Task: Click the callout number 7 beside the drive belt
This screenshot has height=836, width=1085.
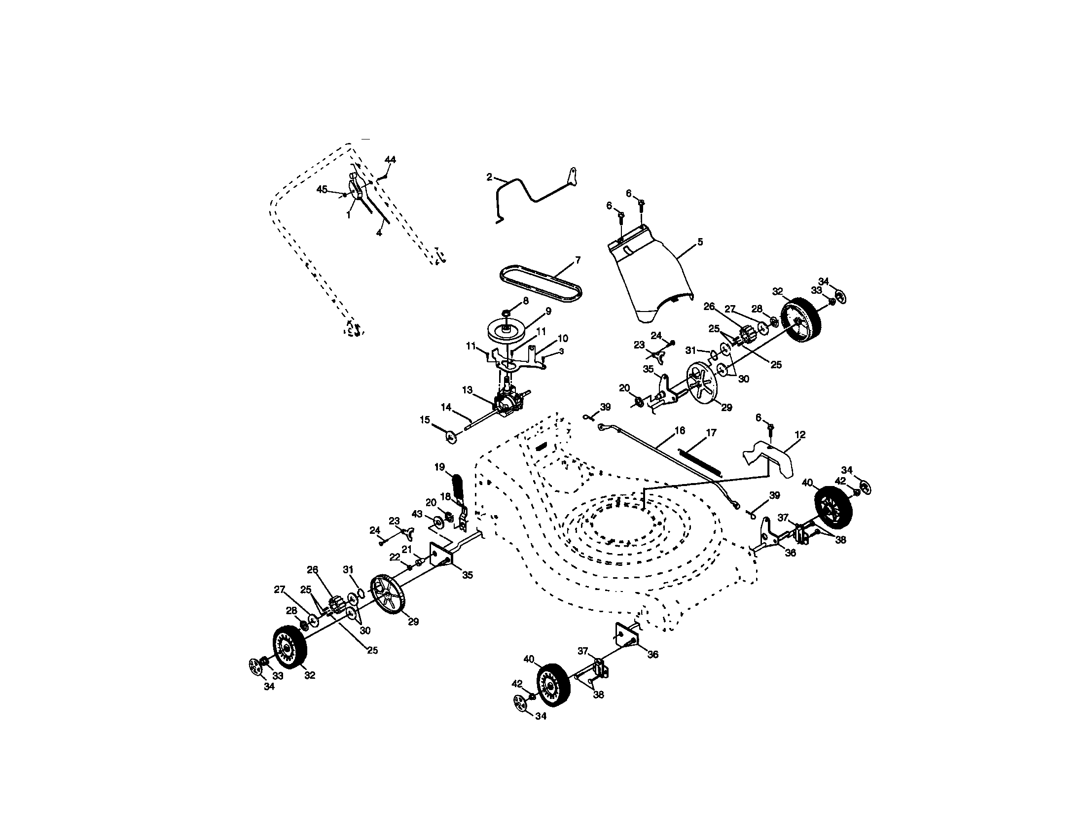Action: pos(578,260)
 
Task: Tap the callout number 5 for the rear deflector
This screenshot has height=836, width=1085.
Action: pos(700,242)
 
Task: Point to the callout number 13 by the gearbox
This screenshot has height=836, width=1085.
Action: pos(467,390)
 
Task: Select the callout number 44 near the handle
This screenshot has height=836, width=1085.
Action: pos(391,160)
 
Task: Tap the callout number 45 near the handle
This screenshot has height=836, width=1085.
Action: pos(322,189)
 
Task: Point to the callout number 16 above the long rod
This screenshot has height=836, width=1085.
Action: pos(680,430)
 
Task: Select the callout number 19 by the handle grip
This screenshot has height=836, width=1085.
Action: pos(439,467)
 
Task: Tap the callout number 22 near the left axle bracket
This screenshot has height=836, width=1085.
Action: pos(395,558)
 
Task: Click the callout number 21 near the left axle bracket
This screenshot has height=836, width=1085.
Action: pos(407,549)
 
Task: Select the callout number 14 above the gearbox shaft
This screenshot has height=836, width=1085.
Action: pos(446,407)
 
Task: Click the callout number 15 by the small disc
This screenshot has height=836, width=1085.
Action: pos(425,420)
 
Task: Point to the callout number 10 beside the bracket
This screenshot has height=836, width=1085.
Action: pos(563,339)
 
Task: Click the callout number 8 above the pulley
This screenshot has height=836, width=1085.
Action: pos(525,300)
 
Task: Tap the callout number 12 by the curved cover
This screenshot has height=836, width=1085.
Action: pos(800,435)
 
